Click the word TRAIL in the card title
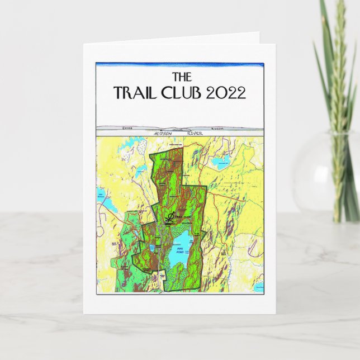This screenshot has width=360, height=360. pyautogui.click(x=135, y=92)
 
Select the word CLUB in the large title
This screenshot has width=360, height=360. pyautogui.click(x=182, y=92)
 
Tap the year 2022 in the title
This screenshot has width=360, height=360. pyautogui.click(x=226, y=92)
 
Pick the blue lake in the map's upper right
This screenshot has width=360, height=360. pyautogui.click(x=219, y=163)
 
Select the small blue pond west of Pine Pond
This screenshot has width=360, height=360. pyautogui.click(x=153, y=248)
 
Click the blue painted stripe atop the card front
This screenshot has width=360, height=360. pyautogui.click(x=179, y=64)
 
